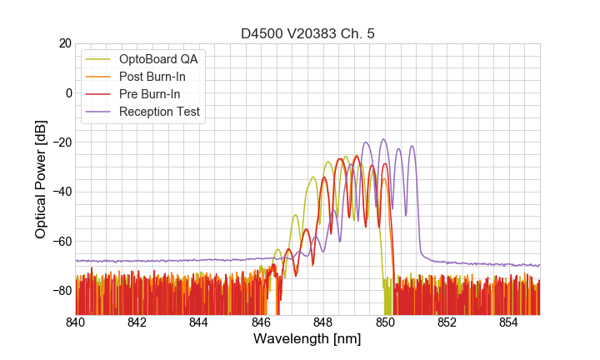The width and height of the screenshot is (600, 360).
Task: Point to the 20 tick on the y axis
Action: [x=64, y=43]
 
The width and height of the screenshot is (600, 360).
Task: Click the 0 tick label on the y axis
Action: [x=68, y=92]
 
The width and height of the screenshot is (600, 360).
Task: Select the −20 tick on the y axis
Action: [x=61, y=142]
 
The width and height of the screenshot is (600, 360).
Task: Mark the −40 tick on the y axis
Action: [x=61, y=192]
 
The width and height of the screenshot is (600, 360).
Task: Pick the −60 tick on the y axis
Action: [x=61, y=241]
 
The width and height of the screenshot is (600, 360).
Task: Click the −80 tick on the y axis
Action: [x=61, y=291]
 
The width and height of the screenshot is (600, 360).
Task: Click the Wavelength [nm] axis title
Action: [x=307, y=340]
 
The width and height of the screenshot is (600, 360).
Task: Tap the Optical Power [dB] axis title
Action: [x=40, y=179]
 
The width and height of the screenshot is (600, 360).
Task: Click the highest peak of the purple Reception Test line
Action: [x=383, y=139]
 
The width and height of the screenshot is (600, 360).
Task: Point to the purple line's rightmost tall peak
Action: [x=412, y=146]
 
